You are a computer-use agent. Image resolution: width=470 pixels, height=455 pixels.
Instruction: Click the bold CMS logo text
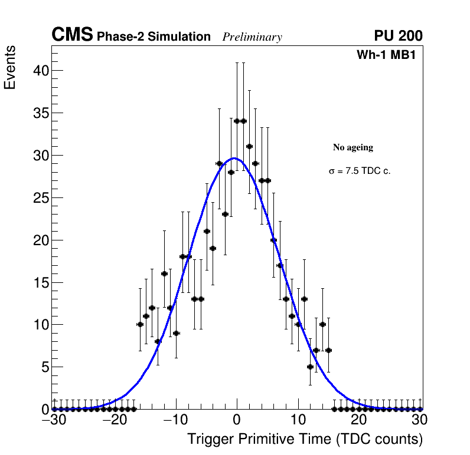(72, 35)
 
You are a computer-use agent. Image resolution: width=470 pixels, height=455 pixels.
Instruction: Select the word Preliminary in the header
(252, 37)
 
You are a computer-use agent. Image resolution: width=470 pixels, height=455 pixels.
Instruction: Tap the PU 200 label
(398, 36)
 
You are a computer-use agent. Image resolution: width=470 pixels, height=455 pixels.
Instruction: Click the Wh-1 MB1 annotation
(389, 55)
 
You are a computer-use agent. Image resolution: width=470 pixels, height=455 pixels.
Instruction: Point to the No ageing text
(353, 147)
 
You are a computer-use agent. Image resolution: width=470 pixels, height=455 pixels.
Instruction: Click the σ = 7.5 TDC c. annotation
(360, 172)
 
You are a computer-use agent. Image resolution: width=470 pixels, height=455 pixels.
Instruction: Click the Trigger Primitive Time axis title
(305, 439)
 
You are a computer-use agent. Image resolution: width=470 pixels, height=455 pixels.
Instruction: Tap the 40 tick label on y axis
(40, 71)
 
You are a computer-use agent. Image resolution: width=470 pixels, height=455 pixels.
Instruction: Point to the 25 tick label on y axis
(40, 197)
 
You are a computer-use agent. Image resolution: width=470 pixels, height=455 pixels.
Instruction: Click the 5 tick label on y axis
(44, 367)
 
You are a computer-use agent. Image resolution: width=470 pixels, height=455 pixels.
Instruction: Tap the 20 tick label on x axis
(359, 420)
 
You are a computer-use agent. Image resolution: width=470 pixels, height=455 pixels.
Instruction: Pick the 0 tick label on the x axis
(237, 420)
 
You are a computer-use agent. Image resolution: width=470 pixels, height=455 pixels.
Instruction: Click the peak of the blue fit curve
(234, 158)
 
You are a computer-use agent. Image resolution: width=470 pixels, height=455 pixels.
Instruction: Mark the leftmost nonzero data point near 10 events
(140, 324)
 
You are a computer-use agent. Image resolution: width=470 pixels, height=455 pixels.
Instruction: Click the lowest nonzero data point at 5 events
(310, 367)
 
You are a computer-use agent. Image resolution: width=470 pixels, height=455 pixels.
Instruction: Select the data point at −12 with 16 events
(164, 273)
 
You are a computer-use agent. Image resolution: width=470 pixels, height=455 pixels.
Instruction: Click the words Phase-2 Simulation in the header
(154, 37)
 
